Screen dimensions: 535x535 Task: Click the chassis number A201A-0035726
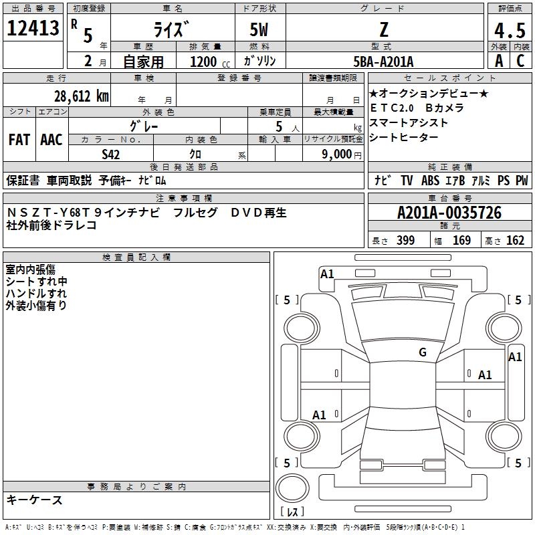point(449,213)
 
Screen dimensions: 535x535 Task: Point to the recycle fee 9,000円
point(342,154)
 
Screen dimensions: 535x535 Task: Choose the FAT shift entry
point(19,140)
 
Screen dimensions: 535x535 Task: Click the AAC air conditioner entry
point(51,140)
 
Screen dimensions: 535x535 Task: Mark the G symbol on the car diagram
point(423,352)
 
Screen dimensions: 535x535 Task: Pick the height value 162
point(515,241)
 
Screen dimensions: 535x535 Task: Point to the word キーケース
point(35,500)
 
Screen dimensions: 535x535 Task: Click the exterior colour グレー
point(144,126)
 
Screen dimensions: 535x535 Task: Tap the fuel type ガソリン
point(260,62)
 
